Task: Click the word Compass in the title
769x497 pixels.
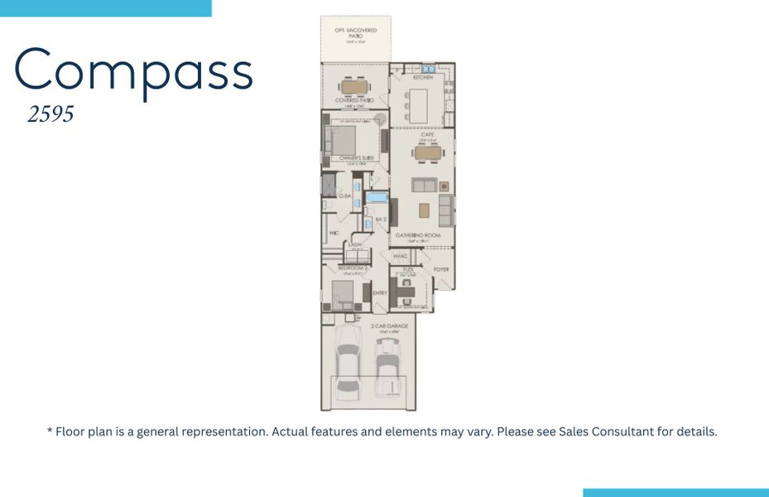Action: [x=133, y=71]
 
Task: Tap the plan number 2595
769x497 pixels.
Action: [x=50, y=114]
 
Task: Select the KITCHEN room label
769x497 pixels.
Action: [x=422, y=78]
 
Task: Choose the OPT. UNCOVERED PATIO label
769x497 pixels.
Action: [x=355, y=34]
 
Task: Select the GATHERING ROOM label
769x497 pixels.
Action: [x=417, y=235]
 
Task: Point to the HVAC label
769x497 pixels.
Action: [x=401, y=257]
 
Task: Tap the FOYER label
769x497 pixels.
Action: [x=441, y=270]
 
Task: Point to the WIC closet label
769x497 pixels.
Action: [x=334, y=234]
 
